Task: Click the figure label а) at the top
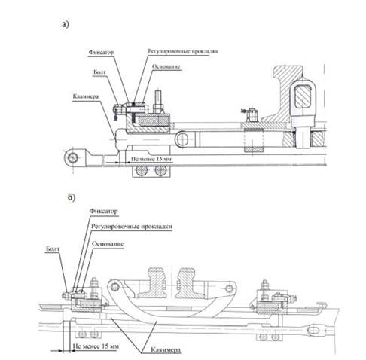(x=66, y=24)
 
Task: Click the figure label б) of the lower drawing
(x=72, y=197)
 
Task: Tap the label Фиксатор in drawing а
(x=101, y=53)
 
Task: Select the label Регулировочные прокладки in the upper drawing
(x=183, y=51)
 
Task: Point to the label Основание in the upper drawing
(x=166, y=66)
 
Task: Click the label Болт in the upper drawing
(x=99, y=72)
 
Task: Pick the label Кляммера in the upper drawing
(x=86, y=97)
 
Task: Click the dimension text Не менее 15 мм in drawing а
(x=151, y=159)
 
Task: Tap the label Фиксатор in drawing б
(x=103, y=211)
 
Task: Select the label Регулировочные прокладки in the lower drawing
(x=132, y=227)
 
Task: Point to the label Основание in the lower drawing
(x=108, y=244)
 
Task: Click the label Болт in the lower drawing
(x=53, y=249)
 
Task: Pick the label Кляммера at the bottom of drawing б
(x=166, y=349)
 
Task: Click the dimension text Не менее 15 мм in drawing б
(x=96, y=346)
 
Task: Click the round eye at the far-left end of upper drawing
(x=73, y=158)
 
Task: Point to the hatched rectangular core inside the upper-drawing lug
(x=303, y=96)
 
